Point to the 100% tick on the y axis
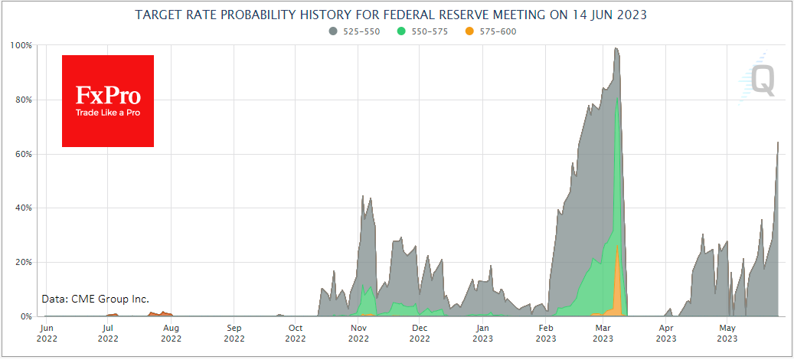[21, 46]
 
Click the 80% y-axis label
[23, 100]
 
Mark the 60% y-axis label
[23, 154]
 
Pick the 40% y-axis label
[23, 208]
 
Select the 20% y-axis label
[23, 262]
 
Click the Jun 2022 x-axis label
[46, 332]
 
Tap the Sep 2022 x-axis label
[234, 332]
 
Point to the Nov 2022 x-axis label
[358, 332]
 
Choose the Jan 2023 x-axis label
[482, 332]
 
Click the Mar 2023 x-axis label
[603, 332]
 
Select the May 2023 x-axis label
[727, 332]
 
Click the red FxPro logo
[108, 101]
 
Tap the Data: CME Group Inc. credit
[96, 299]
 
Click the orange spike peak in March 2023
[617, 246]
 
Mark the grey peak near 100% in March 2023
[616, 49]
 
